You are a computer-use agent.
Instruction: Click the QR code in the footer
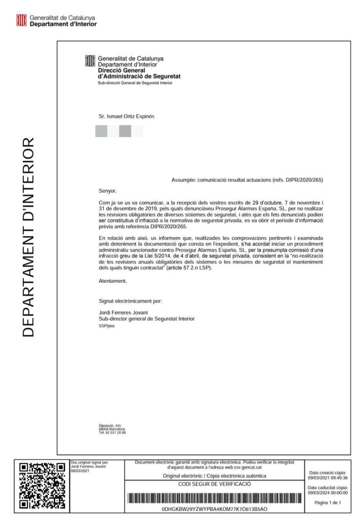click(x=42, y=485)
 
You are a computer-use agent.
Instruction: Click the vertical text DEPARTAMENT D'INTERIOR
click(x=29, y=236)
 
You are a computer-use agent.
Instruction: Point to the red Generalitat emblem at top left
click(x=21, y=20)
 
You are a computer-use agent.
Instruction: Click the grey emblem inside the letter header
click(x=90, y=61)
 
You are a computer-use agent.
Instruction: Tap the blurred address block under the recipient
click(x=118, y=132)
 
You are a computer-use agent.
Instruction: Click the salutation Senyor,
click(x=107, y=191)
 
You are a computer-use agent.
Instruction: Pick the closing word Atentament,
click(x=113, y=280)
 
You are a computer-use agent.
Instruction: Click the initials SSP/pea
click(x=107, y=326)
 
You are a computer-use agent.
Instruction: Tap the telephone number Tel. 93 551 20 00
click(x=112, y=433)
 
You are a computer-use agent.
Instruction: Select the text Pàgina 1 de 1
click(x=328, y=502)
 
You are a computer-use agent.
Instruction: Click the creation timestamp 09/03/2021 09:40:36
click(x=328, y=477)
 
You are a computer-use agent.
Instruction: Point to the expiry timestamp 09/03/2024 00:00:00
click(x=328, y=492)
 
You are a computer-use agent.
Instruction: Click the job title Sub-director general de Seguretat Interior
click(x=146, y=319)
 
